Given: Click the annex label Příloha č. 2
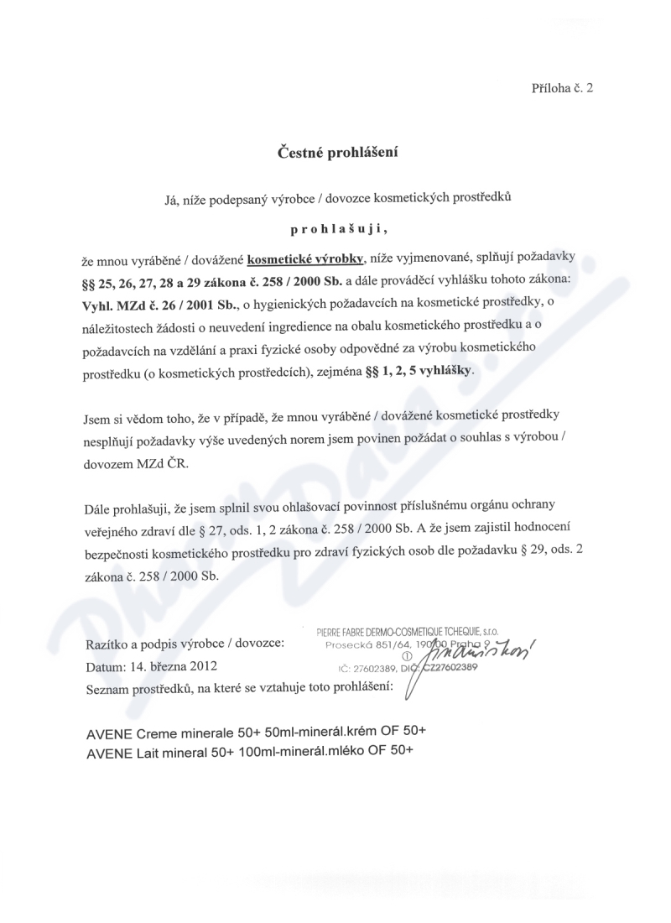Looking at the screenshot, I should (562, 87).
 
